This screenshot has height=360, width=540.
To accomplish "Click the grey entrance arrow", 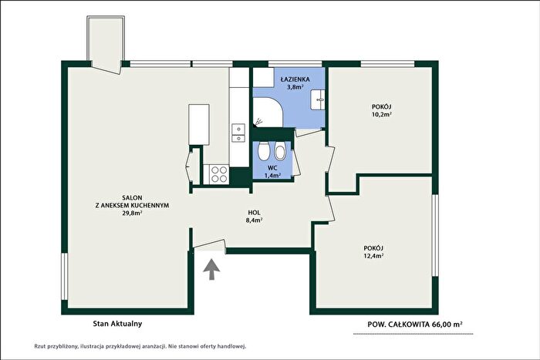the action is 211,270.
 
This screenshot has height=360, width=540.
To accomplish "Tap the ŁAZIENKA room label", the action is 295,79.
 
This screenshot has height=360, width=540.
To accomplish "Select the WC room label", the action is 272,168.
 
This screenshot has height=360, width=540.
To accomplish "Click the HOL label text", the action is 254,213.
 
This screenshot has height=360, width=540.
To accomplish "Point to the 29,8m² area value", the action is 133,213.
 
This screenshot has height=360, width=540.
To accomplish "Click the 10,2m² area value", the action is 381,114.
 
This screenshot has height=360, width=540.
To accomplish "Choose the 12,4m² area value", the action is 373,256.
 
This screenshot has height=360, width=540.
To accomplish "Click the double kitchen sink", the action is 238,133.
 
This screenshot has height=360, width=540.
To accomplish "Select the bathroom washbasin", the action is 318,99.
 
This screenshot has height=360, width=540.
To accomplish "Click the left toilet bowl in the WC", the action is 264,151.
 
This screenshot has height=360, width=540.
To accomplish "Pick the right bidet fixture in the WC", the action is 280,153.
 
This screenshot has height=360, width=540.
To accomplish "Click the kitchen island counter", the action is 199,125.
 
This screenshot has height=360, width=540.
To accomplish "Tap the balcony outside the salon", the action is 106,42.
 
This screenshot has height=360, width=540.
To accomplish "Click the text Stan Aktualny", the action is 117,324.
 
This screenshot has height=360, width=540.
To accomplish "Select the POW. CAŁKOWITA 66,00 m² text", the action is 415,325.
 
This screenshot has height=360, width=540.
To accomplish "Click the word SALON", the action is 132,198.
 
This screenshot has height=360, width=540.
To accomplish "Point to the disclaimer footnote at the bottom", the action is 140,346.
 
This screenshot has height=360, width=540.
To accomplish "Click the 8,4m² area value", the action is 254,220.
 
